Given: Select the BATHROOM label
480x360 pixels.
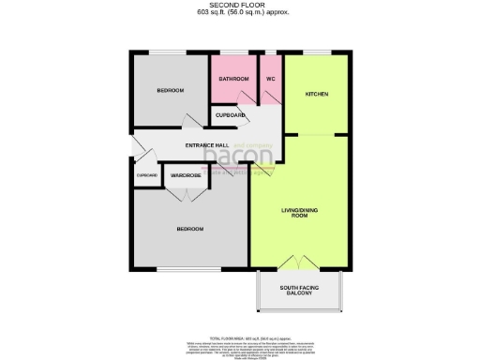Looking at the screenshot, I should coord(233,79).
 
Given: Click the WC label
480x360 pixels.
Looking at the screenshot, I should coord(270,79).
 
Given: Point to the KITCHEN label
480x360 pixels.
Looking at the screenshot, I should coord(317,95).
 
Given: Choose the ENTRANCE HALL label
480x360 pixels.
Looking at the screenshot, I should coord(207,145).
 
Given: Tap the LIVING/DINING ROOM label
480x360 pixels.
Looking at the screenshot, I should coord(294,214).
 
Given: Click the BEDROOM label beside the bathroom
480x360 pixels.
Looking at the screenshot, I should coord(170,90).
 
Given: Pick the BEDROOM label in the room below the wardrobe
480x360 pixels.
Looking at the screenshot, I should coord(190,229).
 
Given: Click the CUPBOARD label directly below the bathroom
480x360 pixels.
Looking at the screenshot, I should coord(231,115).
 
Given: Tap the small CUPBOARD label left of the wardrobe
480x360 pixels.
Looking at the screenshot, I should coord(147,175).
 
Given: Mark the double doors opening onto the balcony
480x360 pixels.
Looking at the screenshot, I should coord(299,262).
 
